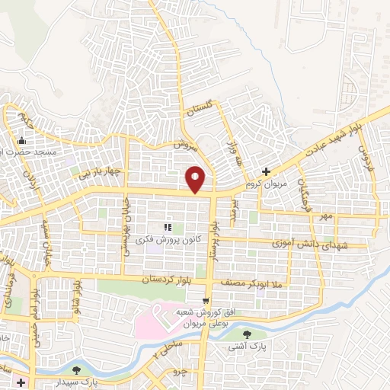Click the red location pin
[x=196, y=179]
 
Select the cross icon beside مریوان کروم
[x=266, y=171]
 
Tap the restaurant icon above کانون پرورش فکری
[x=168, y=227]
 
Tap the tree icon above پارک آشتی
[x=246, y=334]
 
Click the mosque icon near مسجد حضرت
[x=21, y=140]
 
